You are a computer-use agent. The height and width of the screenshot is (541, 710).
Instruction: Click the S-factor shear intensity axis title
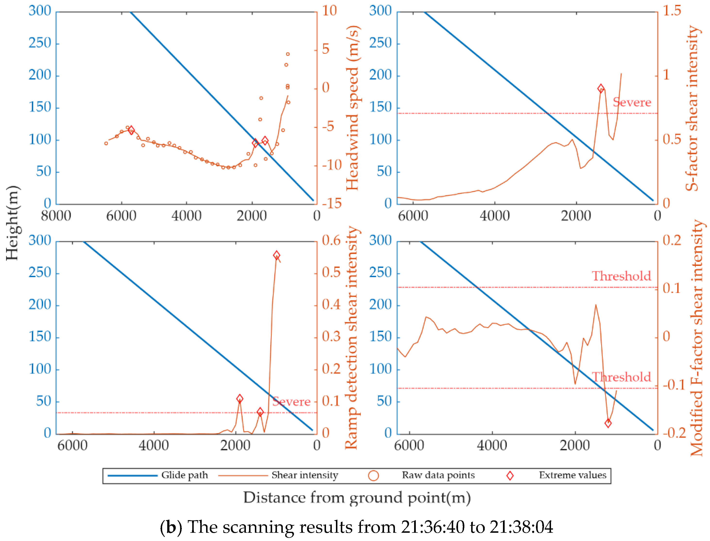pyautogui.click(x=692, y=108)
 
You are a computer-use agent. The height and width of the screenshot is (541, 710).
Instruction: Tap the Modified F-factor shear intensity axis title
pyautogui.click(x=697, y=338)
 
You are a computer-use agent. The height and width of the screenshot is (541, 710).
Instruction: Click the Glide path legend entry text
pyautogui.click(x=184, y=475)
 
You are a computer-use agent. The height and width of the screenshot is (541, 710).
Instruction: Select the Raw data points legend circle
pyautogui.click(x=373, y=476)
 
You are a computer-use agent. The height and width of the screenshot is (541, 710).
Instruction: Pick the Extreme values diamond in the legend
pyautogui.click(x=510, y=476)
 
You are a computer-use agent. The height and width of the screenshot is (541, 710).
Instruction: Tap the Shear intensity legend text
pyautogui.click(x=305, y=475)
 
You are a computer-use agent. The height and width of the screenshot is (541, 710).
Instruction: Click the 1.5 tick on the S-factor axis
pyautogui.click(x=672, y=11)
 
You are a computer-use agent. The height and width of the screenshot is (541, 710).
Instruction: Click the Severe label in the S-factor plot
pyautogui.click(x=632, y=102)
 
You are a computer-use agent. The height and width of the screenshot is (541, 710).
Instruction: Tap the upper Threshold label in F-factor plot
pyautogui.click(x=621, y=276)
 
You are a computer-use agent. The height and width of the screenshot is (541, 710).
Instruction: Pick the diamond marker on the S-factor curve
pyautogui.click(x=601, y=89)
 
